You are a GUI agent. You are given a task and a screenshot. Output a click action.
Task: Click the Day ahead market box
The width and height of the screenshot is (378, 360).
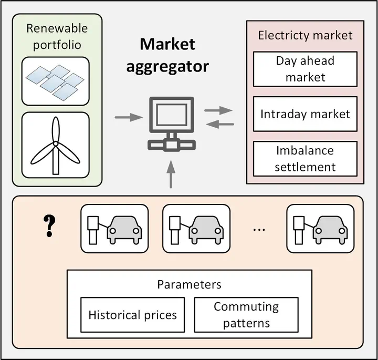[305, 69]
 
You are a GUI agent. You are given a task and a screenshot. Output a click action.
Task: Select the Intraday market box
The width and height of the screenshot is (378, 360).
[305, 114]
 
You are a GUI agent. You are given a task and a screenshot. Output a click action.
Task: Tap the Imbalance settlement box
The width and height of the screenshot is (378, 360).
[305, 159]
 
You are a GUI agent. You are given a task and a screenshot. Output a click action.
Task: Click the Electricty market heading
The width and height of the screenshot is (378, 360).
[305, 36]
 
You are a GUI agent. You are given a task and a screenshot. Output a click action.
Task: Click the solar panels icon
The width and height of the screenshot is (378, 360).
[55, 81]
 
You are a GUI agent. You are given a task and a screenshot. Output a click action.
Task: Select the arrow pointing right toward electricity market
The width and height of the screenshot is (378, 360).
[218, 110]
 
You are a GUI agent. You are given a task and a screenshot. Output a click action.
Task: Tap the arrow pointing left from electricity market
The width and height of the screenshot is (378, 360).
[218, 124]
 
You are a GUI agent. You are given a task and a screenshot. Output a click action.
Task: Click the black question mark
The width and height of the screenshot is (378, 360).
[49, 225]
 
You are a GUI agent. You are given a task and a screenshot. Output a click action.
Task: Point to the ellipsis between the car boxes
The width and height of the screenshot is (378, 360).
[259, 230]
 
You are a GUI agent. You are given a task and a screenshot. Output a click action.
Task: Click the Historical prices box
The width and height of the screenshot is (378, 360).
[132, 315]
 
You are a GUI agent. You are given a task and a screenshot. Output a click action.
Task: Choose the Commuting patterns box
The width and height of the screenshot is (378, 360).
[246, 315]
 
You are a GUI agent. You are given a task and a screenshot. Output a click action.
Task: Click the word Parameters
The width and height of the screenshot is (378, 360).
[189, 284]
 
